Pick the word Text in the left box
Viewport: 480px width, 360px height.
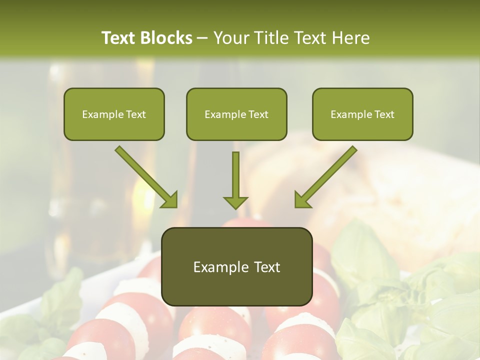(x=136, y=114)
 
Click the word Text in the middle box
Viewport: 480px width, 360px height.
(x=258, y=114)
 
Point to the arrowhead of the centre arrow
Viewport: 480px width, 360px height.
(x=235, y=202)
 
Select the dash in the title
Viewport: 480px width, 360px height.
(x=202, y=38)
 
